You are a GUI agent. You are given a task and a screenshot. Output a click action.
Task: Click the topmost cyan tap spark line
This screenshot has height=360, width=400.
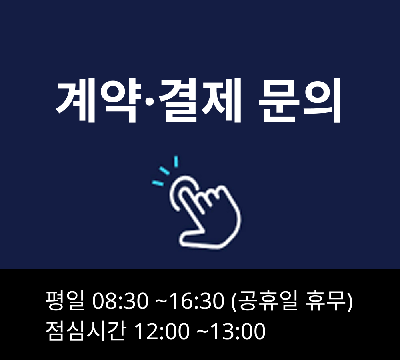[x=176, y=161]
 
